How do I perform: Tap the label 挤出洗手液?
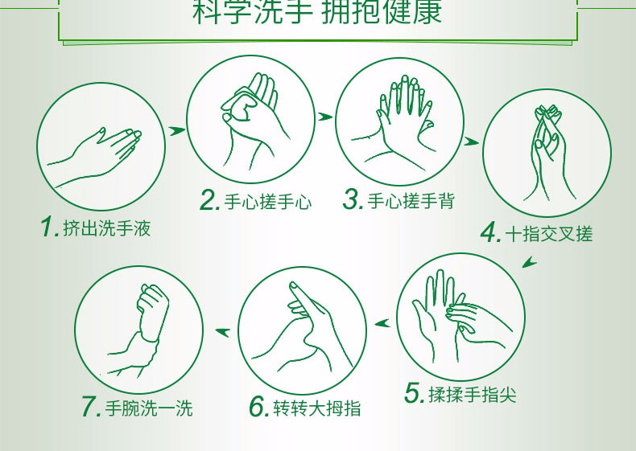(x=107, y=228)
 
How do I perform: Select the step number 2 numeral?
(x=210, y=200)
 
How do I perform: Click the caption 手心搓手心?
(x=268, y=202)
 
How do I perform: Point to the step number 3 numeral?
(x=353, y=199)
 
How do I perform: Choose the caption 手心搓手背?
(x=411, y=201)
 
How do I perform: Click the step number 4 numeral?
(x=492, y=232)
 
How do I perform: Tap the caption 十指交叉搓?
(x=549, y=234)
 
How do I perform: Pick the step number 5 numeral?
(x=415, y=393)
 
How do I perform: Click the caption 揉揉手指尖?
(x=473, y=395)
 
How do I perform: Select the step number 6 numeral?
(x=259, y=407)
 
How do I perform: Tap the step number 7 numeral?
(x=91, y=407)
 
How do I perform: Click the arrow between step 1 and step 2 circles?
(x=177, y=130)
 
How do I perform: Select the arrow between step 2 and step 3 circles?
(x=325, y=117)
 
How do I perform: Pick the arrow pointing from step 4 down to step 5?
(x=529, y=262)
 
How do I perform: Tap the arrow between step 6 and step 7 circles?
(x=223, y=332)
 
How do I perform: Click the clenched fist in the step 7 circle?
(x=152, y=311)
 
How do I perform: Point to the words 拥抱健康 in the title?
(x=382, y=11)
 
